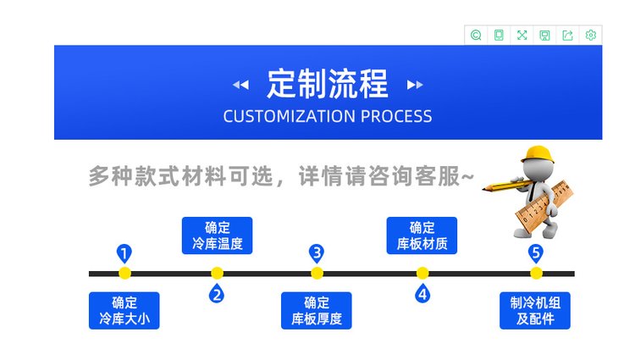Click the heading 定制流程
coord(328,84)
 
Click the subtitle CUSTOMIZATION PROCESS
coord(328,117)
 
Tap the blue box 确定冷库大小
coord(124,311)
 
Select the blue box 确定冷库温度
coord(217,236)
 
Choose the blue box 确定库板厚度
coord(316,311)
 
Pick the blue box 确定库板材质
coord(422,236)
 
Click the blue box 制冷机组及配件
coord(534,311)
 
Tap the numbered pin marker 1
coord(124,253)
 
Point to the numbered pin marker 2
coord(217,294)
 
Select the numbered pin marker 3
coord(317,252)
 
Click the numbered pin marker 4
coord(422,294)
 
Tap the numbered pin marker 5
coord(535,252)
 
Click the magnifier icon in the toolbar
coord(476,35)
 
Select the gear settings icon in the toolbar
coord(591,35)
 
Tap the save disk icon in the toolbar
coord(545,35)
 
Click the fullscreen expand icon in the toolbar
coord(522,35)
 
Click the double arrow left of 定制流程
coord(241,85)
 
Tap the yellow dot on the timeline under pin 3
coord(317,273)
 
